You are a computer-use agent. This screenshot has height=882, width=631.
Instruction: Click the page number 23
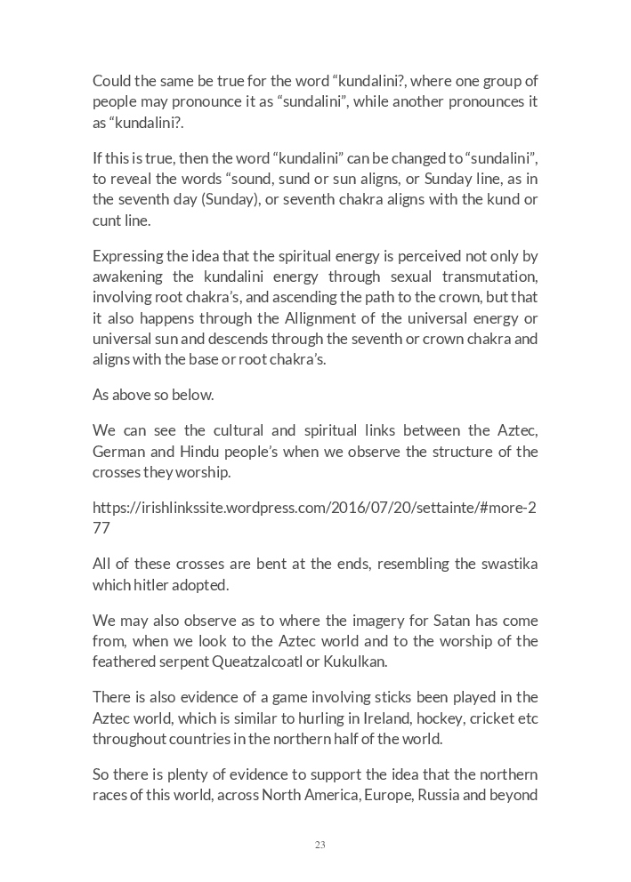320,845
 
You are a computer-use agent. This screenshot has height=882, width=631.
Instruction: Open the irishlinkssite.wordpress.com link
314,509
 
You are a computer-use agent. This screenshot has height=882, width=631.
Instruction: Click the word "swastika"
505,565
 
